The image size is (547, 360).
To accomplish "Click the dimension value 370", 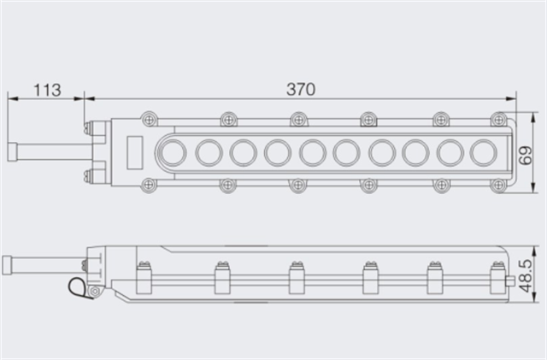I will (x=300, y=89).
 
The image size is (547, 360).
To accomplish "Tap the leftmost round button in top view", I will (x=174, y=152).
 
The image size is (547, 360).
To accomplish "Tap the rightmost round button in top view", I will (x=485, y=152).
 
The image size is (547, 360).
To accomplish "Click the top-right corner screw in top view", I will (x=497, y=120).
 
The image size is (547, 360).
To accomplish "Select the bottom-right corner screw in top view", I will (x=497, y=184).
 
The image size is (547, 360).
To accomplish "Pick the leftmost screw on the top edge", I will (x=150, y=120).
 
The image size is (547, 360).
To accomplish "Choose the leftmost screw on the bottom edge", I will (x=150, y=184).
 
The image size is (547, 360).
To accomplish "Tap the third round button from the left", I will (x=244, y=152).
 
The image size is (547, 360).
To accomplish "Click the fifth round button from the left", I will (x=313, y=152).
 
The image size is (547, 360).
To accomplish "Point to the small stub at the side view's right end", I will (x=510, y=280).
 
